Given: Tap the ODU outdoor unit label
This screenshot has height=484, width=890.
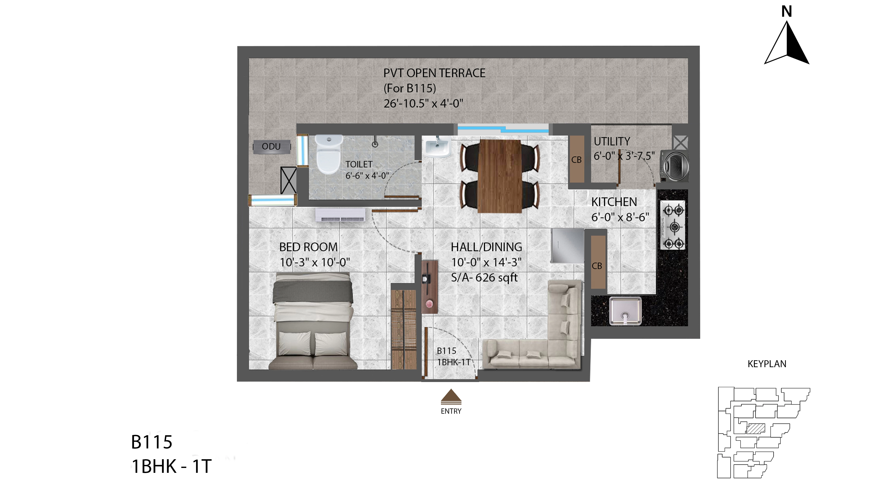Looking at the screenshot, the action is click(x=271, y=147).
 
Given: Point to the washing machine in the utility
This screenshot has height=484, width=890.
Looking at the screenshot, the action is click(x=674, y=166).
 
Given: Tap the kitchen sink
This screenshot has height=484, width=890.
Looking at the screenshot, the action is click(x=625, y=311).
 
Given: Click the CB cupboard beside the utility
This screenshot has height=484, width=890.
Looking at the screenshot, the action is click(x=577, y=159).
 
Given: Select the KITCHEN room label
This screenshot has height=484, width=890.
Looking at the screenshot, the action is click(x=614, y=202).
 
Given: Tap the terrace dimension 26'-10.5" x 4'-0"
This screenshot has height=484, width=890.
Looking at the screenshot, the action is click(x=423, y=103).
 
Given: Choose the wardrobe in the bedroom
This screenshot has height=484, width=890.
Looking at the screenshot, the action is click(x=404, y=329).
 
